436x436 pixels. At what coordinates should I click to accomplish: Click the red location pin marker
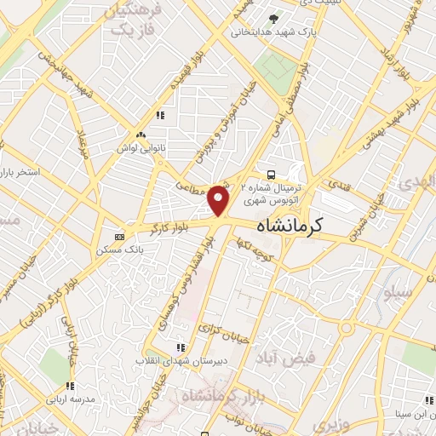coord(219,199)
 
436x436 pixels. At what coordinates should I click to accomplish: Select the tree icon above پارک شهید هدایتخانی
coord(272,19)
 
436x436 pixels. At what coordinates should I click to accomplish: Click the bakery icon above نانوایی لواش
coord(141,135)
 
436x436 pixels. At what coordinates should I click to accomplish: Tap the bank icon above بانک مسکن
coord(119,236)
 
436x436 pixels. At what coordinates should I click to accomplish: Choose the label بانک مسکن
coord(119,250)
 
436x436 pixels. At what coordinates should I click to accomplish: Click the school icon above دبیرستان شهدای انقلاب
coord(180,347)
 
